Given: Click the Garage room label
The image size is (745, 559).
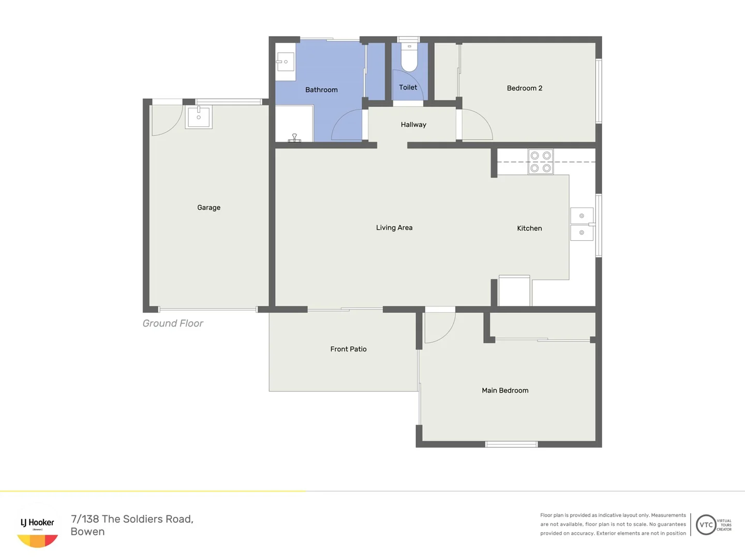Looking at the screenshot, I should click(208, 208).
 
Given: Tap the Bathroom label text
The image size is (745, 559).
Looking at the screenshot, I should click(321, 90).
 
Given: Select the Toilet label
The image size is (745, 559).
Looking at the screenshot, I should click(408, 87).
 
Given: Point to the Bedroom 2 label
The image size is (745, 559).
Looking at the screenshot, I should click(524, 89).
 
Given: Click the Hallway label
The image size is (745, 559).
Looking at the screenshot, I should click(413, 125).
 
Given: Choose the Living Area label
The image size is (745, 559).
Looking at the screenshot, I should click(394, 228).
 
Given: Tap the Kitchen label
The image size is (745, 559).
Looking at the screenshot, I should click(529, 228).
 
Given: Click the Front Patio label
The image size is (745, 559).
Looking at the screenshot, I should click(348, 349).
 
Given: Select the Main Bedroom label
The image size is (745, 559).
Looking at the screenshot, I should click(505, 391).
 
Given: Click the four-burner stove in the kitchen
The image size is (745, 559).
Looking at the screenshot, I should click(541, 161).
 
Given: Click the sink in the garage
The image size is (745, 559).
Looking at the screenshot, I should click(199, 117).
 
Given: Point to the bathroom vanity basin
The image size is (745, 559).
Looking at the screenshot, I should click(285, 62).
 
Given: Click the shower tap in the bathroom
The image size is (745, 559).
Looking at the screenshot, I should click(294, 138).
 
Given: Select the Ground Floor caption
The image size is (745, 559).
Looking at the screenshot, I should click(173, 323).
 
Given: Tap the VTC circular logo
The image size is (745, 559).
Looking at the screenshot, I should click(706, 525).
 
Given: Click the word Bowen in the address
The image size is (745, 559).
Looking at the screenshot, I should click(87, 532).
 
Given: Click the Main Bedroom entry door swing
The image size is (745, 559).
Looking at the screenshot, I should click(439, 328).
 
